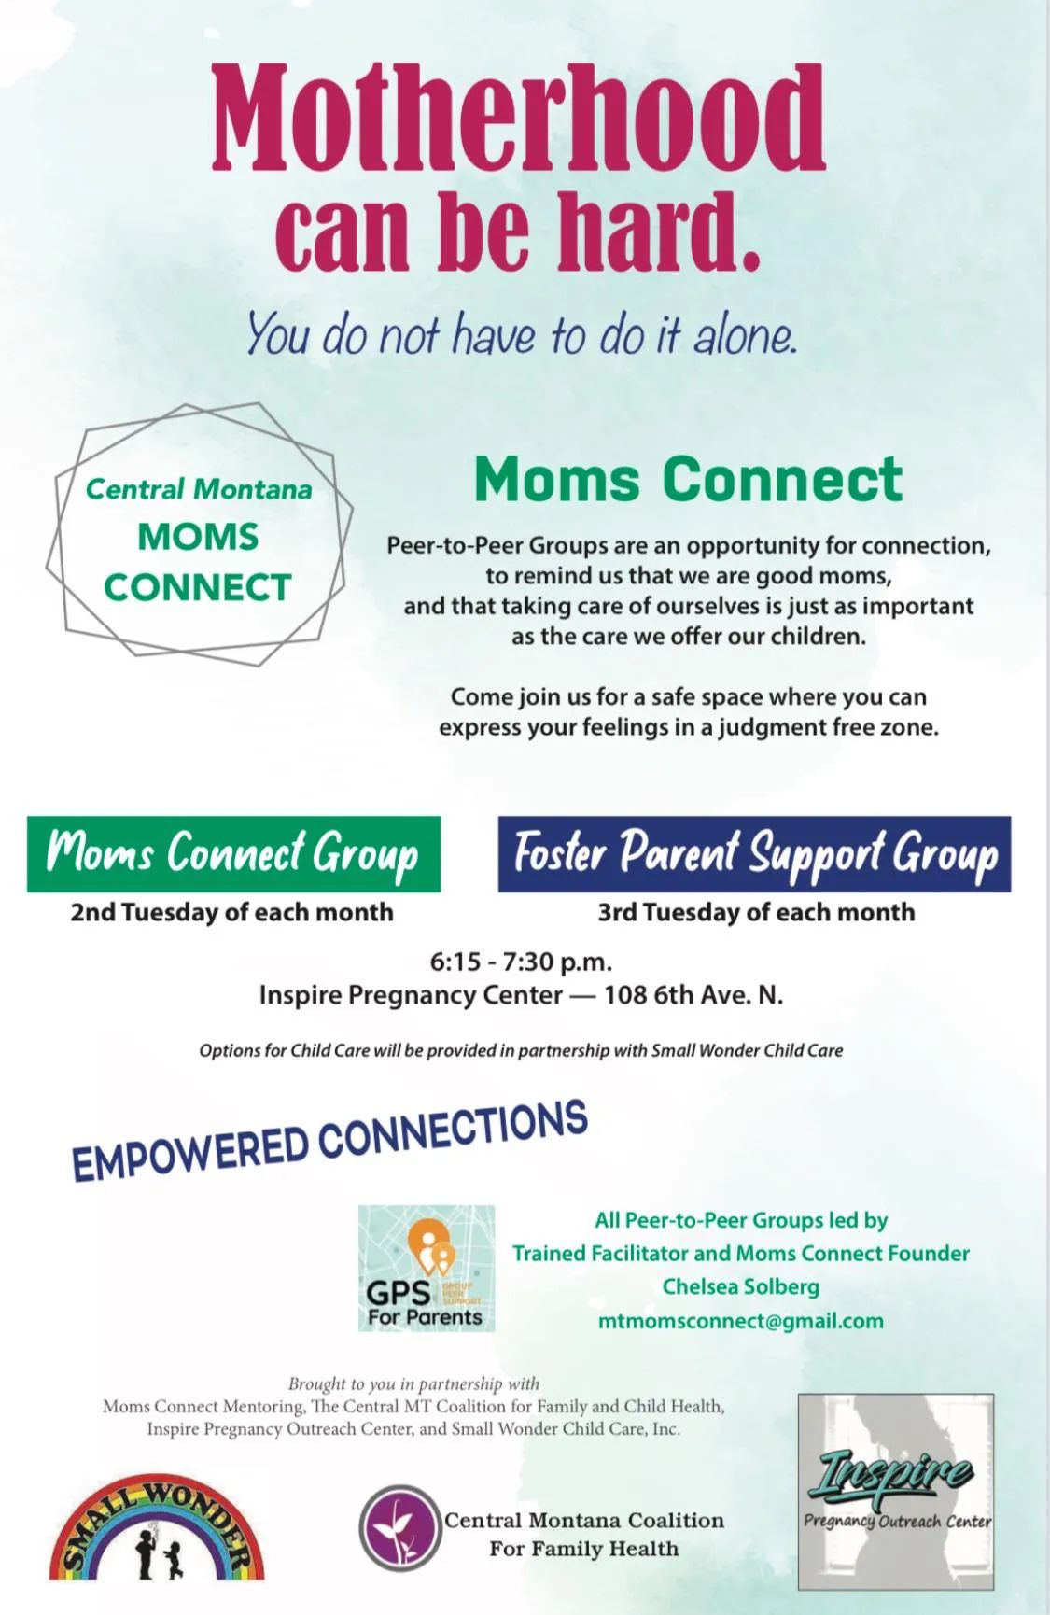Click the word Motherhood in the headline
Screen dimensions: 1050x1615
coord(519,117)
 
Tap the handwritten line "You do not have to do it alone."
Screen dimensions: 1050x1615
coord(522,333)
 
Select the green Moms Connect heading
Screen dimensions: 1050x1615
coord(689,479)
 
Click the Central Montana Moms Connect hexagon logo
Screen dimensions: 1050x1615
coord(200,535)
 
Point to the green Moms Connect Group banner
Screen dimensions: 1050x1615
coord(233,854)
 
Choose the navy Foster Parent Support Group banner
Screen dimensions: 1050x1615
coord(754,854)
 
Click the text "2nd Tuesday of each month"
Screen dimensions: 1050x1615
coord(231,912)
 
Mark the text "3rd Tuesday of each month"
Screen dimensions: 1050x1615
coord(756,912)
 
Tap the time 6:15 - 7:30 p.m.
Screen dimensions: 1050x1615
coord(521,962)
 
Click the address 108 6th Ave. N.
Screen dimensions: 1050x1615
coord(693,995)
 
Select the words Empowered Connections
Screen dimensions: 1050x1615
coord(330,1141)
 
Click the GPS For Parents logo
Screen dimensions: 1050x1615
coord(427,1269)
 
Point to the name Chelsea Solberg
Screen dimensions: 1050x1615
coord(741,1286)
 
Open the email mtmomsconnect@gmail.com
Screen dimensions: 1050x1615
coord(741,1321)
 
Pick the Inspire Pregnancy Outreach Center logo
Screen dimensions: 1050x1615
coord(896,1492)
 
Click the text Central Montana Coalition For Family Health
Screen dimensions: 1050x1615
coord(584,1534)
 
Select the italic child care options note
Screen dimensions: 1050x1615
coord(521,1050)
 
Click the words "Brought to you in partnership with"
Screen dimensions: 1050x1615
coord(413,1383)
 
